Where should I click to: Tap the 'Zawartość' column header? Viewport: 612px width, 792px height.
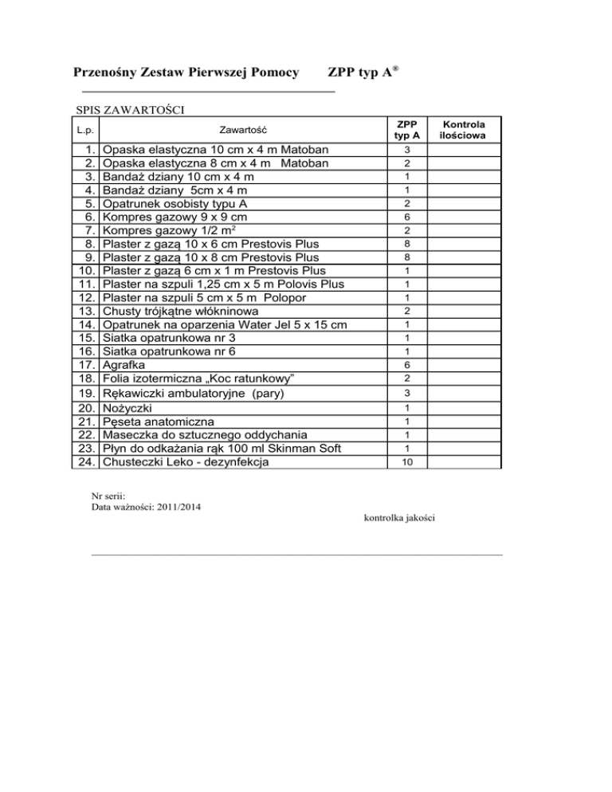tap(242, 130)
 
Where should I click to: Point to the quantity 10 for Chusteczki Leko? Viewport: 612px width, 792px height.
tap(407, 462)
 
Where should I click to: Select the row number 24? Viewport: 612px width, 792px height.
tap(88, 462)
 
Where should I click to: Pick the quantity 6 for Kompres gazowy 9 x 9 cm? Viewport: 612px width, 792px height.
tap(407, 217)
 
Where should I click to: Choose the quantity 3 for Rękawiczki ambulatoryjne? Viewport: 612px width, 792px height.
tap(407, 394)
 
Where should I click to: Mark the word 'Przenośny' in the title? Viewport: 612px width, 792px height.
tap(102, 73)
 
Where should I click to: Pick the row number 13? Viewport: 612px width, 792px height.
tap(88, 311)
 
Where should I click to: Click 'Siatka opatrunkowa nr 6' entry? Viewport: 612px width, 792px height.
tap(170, 351)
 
